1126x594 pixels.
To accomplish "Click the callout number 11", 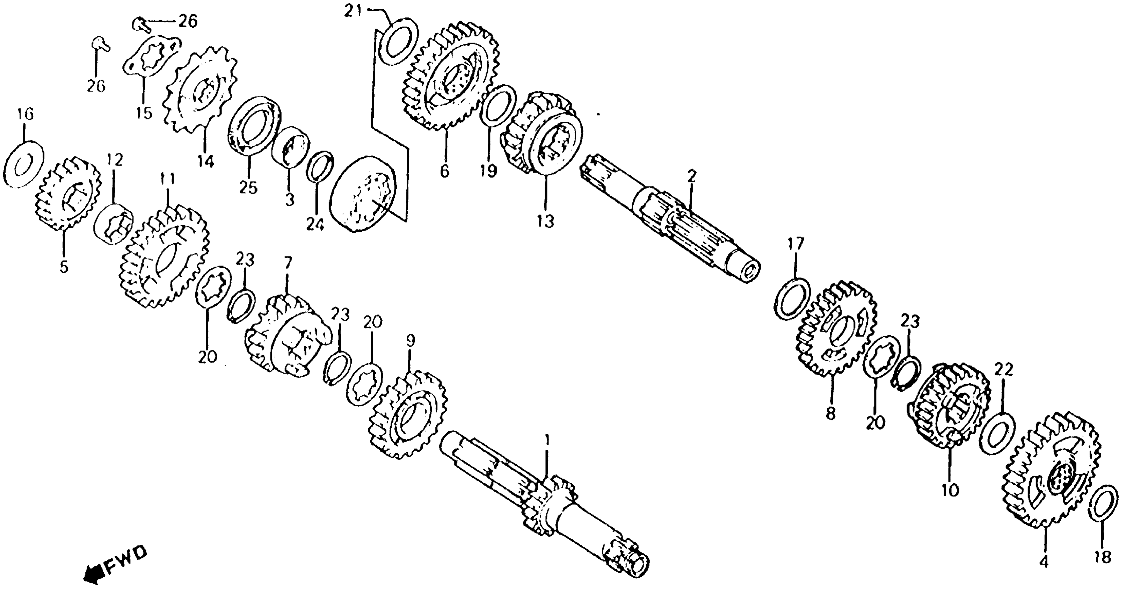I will (x=167, y=179).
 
